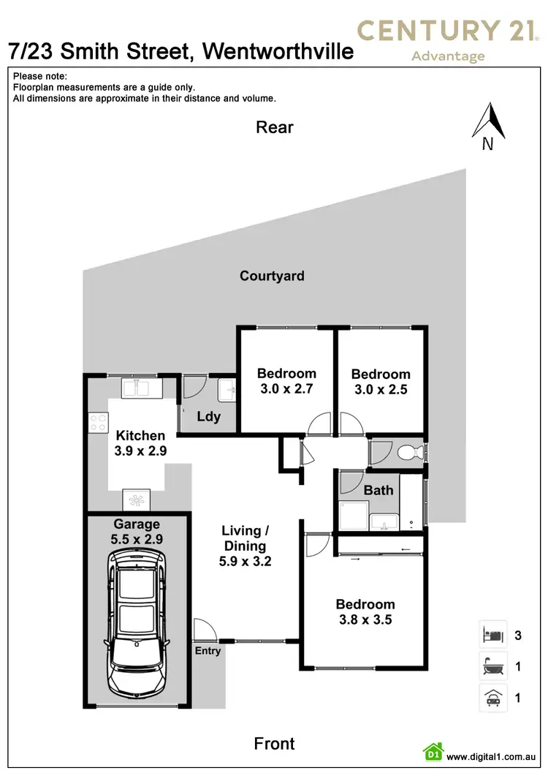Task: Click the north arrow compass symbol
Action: [x=488, y=125]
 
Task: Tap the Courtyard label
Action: [x=272, y=276]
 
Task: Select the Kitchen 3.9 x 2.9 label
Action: [x=140, y=444]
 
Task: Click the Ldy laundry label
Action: [x=209, y=417]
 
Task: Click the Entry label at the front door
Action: [x=208, y=651]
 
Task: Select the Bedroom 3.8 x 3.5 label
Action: [x=365, y=611]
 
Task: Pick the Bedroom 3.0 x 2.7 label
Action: [x=286, y=381]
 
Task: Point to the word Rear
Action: [x=275, y=127]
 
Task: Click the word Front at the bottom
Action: [x=275, y=744]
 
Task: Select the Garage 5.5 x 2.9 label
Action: [x=137, y=530]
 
